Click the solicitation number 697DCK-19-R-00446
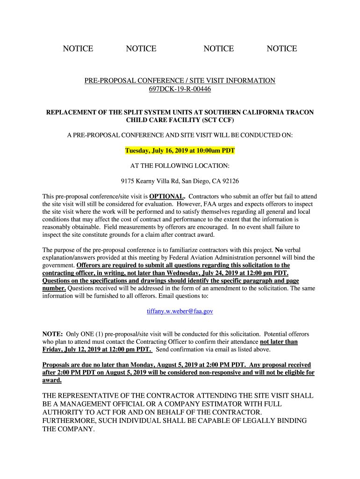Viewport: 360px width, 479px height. click(x=180, y=89)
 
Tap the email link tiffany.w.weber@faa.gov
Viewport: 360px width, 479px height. click(x=180, y=311)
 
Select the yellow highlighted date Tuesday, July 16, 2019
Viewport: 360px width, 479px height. click(x=159, y=151)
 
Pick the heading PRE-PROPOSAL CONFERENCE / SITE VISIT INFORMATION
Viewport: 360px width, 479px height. click(x=180, y=80)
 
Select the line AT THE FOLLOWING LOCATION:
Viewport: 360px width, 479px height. click(x=180, y=166)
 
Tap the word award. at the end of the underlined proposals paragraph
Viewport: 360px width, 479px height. click(x=52, y=380)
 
